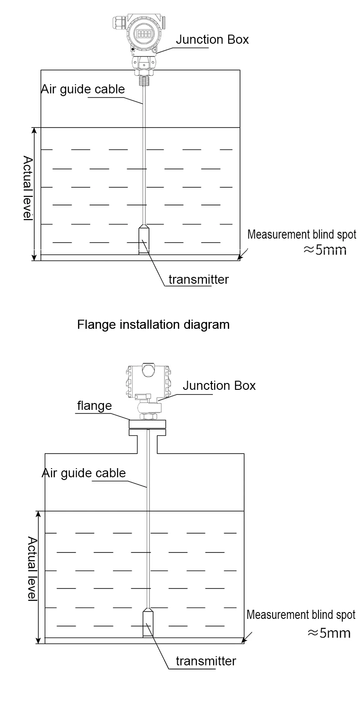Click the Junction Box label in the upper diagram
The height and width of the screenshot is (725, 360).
coord(212,40)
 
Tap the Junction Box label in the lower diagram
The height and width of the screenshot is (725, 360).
coord(219,386)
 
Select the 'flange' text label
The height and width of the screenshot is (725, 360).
coord(94,405)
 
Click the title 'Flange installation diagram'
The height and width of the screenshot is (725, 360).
coord(153,325)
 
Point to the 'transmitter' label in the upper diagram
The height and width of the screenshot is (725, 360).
coord(198,279)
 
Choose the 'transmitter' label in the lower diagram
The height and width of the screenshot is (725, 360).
coord(206,661)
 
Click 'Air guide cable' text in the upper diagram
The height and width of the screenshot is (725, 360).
coord(83,89)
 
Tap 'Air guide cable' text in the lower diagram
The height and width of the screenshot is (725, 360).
coord(84,473)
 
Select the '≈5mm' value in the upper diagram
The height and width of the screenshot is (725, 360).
coord(325,250)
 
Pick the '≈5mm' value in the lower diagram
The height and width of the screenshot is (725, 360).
coord(329,633)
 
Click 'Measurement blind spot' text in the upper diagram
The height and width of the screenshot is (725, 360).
coord(302,235)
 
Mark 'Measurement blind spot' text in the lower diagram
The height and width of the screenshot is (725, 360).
coord(301,615)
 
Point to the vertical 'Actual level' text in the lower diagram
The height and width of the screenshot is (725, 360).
coord(32,568)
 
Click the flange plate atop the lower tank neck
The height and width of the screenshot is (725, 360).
coord(147,424)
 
